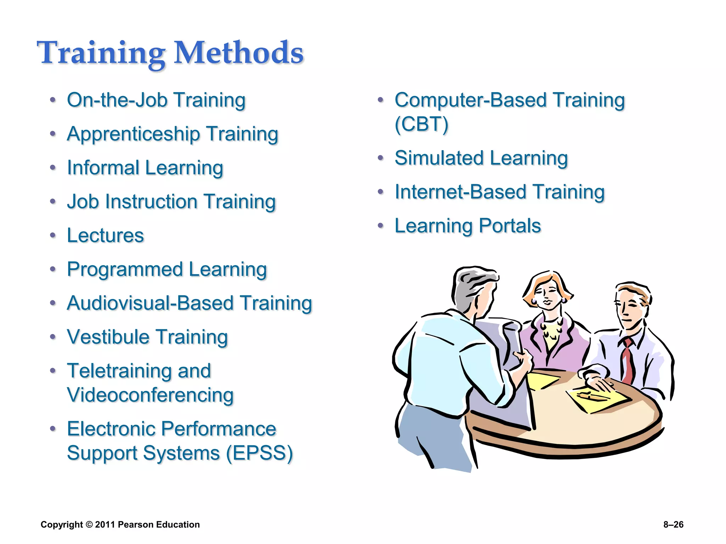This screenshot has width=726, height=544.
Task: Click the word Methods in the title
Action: tap(239, 53)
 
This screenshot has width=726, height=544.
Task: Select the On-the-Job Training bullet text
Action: tap(156, 100)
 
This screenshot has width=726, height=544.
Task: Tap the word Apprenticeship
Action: tap(134, 135)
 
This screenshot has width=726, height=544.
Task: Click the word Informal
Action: tap(103, 168)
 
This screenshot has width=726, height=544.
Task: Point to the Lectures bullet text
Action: tap(105, 236)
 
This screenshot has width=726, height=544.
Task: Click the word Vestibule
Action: tap(108, 337)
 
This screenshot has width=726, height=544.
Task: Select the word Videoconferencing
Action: tap(150, 395)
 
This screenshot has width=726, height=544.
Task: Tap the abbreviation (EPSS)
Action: tap(259, 453)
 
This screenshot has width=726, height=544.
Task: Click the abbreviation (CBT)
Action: tap(421, 124)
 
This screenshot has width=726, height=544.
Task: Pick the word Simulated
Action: tap(439, 158)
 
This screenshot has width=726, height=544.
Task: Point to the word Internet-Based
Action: tap(460, 192)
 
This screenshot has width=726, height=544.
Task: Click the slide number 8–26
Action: tap(673, 525)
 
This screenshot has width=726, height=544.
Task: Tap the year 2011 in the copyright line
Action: tap(105, 525)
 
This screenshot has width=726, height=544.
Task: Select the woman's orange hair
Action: tap(532, 290)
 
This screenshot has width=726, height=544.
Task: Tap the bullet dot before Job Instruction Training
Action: tap(53, 202)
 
